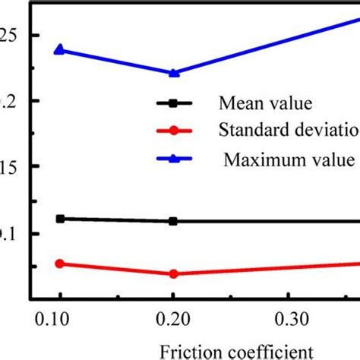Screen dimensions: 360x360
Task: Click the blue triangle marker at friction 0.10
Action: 60,50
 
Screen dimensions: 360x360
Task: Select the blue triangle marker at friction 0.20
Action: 173,73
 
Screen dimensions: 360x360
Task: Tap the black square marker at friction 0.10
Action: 60,219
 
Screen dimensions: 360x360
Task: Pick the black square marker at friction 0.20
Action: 173,221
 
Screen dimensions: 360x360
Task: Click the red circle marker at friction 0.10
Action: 60,264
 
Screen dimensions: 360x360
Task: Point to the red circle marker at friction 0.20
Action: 173,273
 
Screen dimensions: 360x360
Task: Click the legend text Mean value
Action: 257,103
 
